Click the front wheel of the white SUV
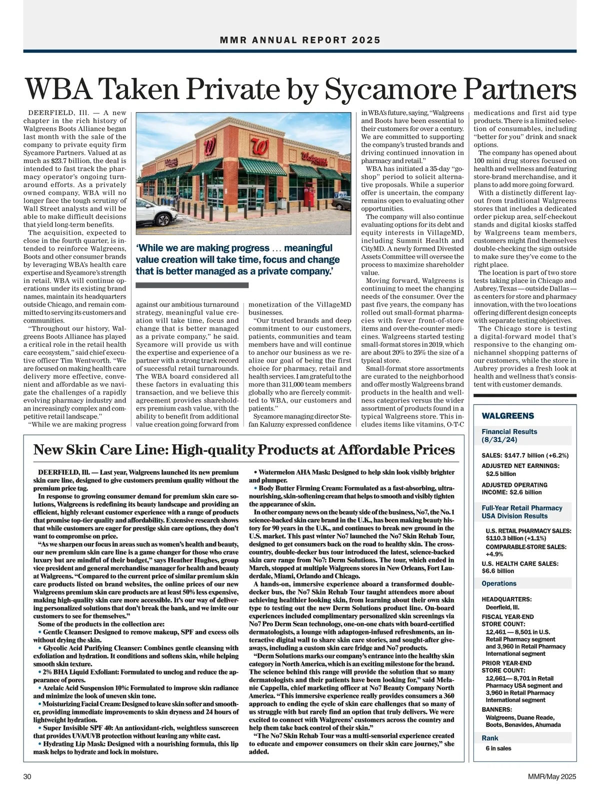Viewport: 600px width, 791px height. [x=163, y=220]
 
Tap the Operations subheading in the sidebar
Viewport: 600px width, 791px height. [x=499, y=583]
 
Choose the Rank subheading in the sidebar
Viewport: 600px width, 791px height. [x=490, y=738]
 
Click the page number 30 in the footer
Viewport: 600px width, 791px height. [x=28, y=776]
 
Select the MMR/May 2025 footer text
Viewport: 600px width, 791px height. [x=552, y=776]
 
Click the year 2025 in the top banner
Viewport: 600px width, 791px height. [x=365, y=40]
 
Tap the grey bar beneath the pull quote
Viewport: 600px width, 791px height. [x=192, y=285]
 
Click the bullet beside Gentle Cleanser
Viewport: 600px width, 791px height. [x=39, y=632]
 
